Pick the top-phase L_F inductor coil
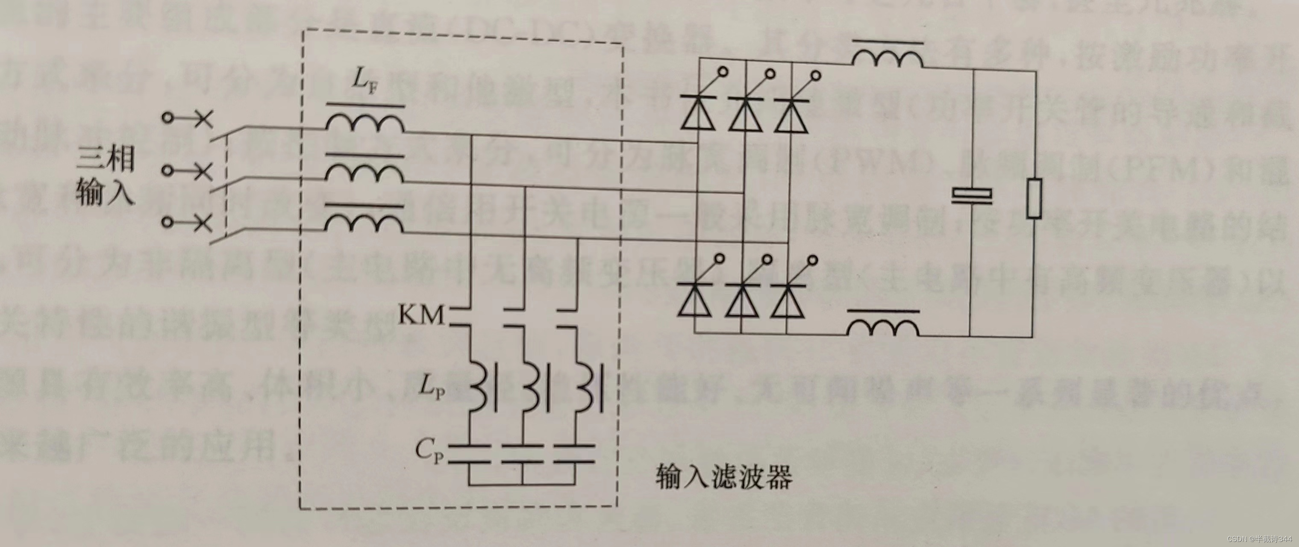pyautogui.click(x=364, y=124)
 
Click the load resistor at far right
pyautogui.click(x=1034, y=198)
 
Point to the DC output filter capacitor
pyautogui.click(x=971, y=197)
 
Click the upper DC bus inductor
pyautogui.click(x=888, y=58)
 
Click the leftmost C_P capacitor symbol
pyautogui.click(x=469, y=453)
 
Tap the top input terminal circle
pyautogui.click(x=168, y=118)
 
